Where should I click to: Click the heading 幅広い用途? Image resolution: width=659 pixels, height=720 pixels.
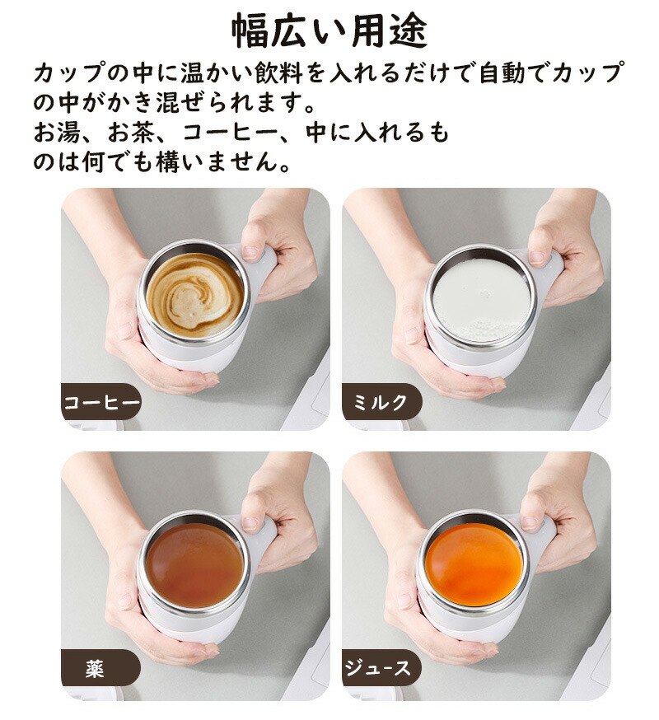tap(329, 31)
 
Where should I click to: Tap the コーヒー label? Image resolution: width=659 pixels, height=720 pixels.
tap(101, 403)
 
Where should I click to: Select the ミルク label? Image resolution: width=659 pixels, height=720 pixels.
tap(380, 402)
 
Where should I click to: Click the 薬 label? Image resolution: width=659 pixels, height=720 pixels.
tap(95, 669)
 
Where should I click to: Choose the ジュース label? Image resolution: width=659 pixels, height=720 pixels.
tap(377, 667)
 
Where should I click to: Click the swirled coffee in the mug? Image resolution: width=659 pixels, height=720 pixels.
tap(194, 295)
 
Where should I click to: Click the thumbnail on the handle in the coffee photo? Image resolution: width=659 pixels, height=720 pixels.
tap(250, 252)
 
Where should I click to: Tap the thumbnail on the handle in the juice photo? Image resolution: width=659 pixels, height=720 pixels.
tap(530, 522)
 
